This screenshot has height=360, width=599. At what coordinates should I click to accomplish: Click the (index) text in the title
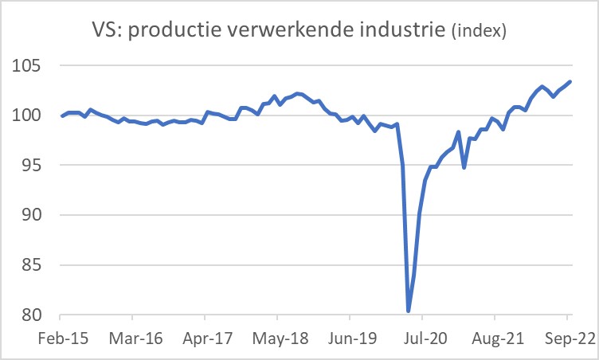[x=479, y=33]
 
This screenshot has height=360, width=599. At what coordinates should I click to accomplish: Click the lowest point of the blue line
[x=408, y=311]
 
